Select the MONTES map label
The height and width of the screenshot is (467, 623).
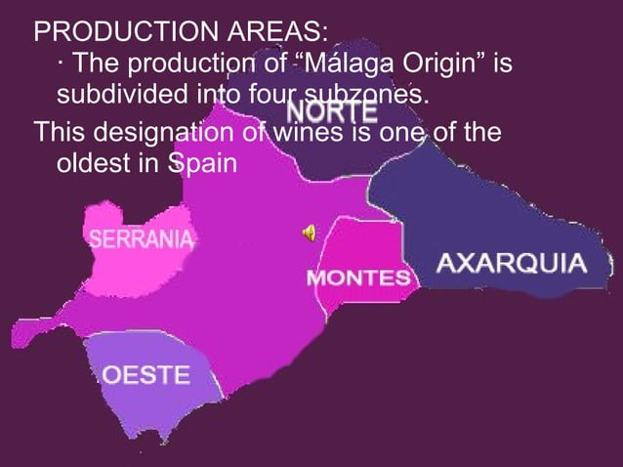tap(358, 278)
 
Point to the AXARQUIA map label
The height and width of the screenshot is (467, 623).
tap(511, 263)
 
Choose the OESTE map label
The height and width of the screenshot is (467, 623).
tap(146, 375)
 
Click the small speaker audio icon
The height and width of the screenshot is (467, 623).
tap(309, 232)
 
